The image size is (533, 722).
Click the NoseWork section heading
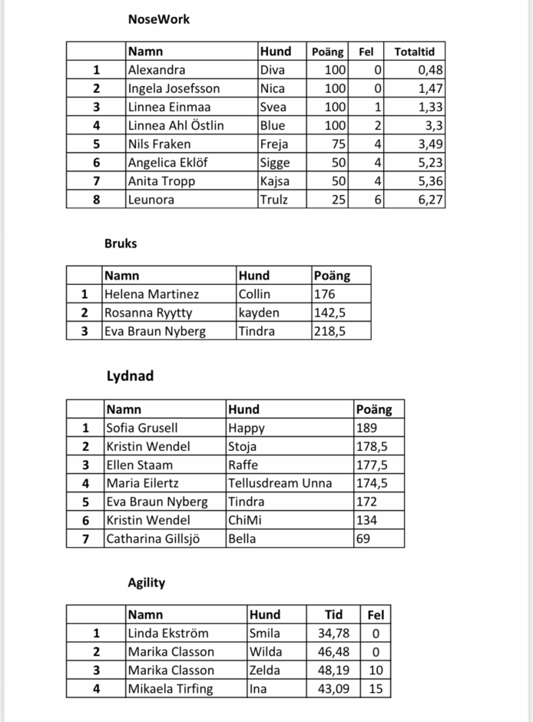coord(158,19)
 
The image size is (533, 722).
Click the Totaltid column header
coord(414,52)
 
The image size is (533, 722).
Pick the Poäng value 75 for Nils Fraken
coord(336,144)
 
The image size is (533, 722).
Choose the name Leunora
coord(151,200)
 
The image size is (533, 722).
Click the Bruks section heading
coord(121,243)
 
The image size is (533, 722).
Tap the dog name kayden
coord(259,313)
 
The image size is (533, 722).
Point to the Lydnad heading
coord(130,376)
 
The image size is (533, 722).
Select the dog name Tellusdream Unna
coord(280,483)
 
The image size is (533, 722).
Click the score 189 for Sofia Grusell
coord(367,428)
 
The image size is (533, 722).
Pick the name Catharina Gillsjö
coord(153,538)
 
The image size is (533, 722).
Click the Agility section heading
coord(146,582)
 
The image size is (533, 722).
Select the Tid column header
coord(333,614)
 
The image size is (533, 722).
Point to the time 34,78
coord(333,634)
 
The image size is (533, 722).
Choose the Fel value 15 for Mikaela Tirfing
coord(376,689)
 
